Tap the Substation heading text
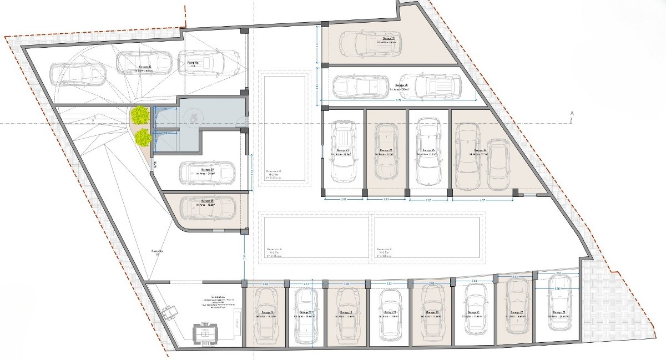pyautogui.click(x=213, y=297)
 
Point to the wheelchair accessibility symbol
pyautogui.click(x=193, y=117)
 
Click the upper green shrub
pyautogui.click(x=140, y=114)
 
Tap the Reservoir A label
pyautogui.click(x=274, y=249)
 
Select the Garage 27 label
pyautogui.click(x=342, y=150)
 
